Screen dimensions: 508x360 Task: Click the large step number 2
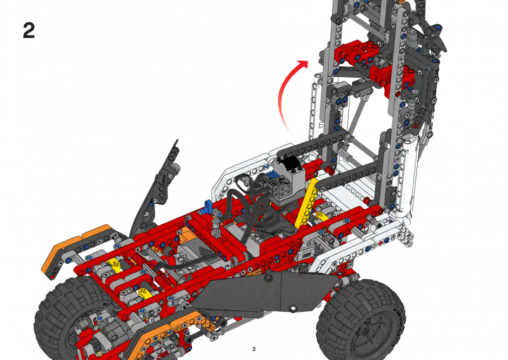click(x=29, y=30)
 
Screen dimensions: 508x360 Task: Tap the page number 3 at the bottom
click(x=253, y=349)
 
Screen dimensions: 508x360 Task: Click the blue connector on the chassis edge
click(x=208, y=206)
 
